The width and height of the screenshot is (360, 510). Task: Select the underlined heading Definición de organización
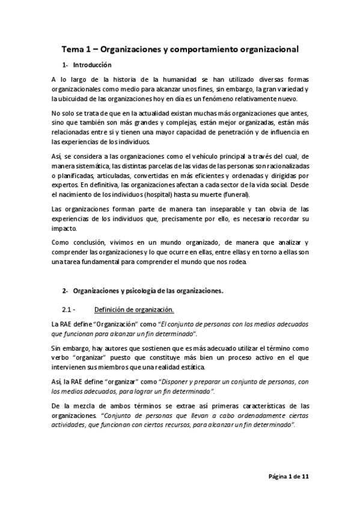point(134,310)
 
